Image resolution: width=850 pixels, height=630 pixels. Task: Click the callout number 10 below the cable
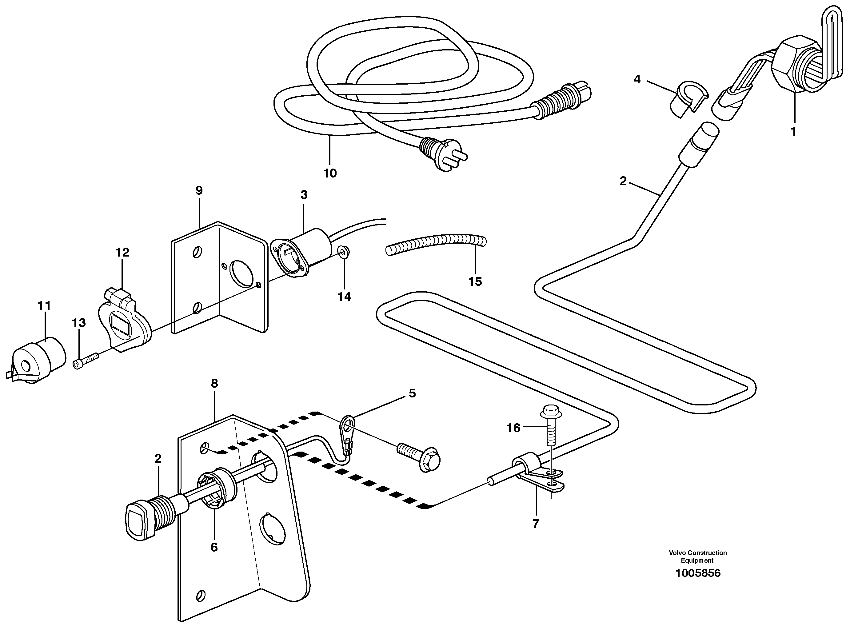click(330, 173)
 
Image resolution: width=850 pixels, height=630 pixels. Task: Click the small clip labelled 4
click(688, 99)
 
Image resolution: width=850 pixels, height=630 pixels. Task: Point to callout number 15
click(475, 282)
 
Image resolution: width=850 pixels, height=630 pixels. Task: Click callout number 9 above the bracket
click(199, 190)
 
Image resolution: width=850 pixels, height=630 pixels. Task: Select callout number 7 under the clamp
click(536, 524)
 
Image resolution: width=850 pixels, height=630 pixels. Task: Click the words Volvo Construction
click(697, 552)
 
